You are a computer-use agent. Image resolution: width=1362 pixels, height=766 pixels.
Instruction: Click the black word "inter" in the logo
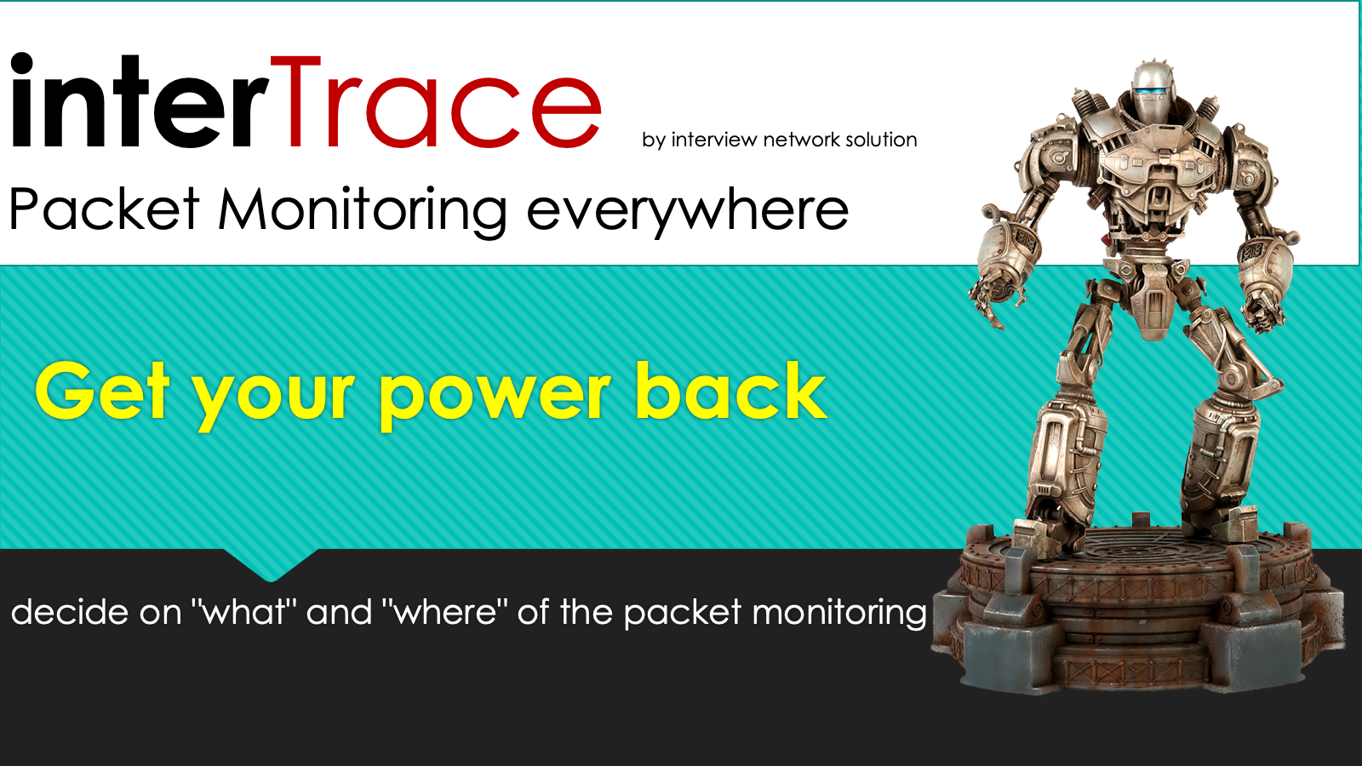[x=140, y=101]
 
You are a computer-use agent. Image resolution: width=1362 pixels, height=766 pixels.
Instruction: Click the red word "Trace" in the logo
[x=435, y=102]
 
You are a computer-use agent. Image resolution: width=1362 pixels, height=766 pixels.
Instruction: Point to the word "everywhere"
[x=687, y=214]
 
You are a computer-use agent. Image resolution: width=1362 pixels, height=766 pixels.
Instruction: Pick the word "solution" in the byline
[x=881, y=140]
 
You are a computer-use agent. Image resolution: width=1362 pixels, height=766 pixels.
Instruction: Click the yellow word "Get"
[x=101, y=390]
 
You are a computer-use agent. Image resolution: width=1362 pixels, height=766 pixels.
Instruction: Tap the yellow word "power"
[x=495, y=397]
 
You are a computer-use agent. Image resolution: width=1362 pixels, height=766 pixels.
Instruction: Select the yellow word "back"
[x=731, y=390]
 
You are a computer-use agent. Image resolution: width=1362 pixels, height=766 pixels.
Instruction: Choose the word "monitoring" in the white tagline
[x=839, y=614]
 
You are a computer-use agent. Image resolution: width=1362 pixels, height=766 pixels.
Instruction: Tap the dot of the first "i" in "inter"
[x=22, y=64]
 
